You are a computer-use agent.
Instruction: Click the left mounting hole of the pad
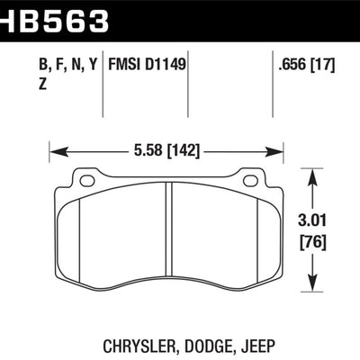tap(87, 180)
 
